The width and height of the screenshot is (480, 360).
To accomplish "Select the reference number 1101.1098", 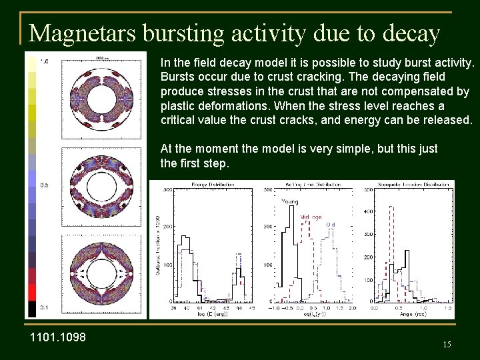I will pos(58,337).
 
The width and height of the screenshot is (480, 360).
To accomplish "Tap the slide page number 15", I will pos(447,344).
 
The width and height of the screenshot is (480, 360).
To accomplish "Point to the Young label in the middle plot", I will pos(290,201).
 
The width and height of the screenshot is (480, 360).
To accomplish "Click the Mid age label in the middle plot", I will pos(311,217).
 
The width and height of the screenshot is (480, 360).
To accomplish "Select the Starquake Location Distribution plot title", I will pos(407,184).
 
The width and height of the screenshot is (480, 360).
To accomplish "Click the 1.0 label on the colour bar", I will pos(44,62).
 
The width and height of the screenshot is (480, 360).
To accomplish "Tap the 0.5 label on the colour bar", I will pos(44,185).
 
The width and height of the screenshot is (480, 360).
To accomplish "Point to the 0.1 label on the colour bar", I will pos(44,307).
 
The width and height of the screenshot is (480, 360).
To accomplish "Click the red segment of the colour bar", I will pos(31,292).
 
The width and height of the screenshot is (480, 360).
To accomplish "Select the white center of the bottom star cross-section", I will pos(107,276).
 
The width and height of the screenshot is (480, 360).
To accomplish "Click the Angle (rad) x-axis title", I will pos(411,314).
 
